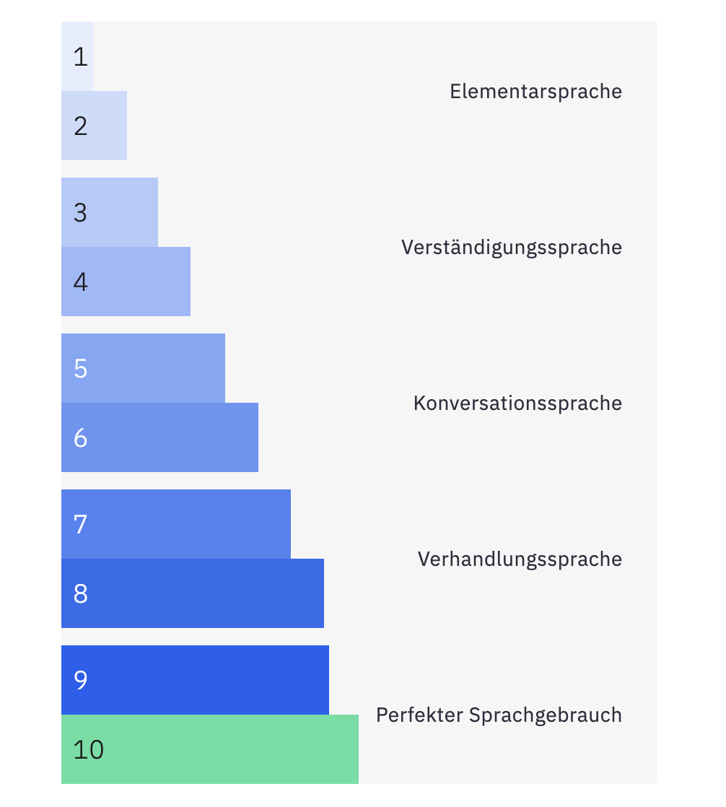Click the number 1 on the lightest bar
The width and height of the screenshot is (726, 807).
click(80, 57)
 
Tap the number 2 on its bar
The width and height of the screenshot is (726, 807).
click(80, 126)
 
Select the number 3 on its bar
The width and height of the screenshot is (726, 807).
click(80, 213)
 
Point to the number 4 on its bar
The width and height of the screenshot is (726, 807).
click(80, 282)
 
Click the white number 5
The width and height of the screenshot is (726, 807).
click(80, 369)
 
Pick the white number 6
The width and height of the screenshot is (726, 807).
click(80, 438)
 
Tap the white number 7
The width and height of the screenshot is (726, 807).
click(80, 525)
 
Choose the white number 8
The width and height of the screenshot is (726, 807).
click(80, 594)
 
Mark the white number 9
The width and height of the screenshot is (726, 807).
click(80, 681)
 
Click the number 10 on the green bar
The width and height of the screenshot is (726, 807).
click(89, 750)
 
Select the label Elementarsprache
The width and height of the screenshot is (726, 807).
click(535, 92)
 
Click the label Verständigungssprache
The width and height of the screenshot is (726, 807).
click(511, 248)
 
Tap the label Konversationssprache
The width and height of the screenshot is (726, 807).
click(517, 403)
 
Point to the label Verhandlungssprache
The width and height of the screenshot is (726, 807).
click(520, 559)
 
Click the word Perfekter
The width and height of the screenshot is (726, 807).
click(419, 715)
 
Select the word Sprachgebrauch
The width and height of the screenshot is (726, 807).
click(545, 715)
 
